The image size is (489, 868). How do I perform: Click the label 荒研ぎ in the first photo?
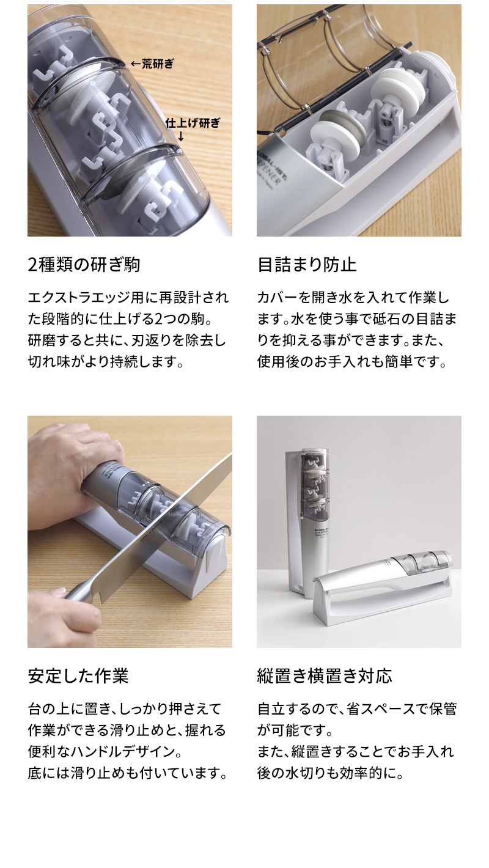click(x=158, y=64)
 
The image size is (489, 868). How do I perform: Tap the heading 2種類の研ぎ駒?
click(x=84, y=265)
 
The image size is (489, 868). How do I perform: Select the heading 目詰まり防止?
click(x=307, y=265)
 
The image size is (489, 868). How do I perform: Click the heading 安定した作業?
click(x=78, y=676)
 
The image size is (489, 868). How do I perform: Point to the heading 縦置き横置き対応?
click(x=325, y=676)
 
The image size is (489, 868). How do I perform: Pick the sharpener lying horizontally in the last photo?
click(x=385, y=581)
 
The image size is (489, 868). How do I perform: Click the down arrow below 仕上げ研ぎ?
click(x=181, y=136)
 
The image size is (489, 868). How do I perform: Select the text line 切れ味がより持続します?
click(x=106, y=361)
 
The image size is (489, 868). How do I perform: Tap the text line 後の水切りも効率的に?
click(x=331, y=773)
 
